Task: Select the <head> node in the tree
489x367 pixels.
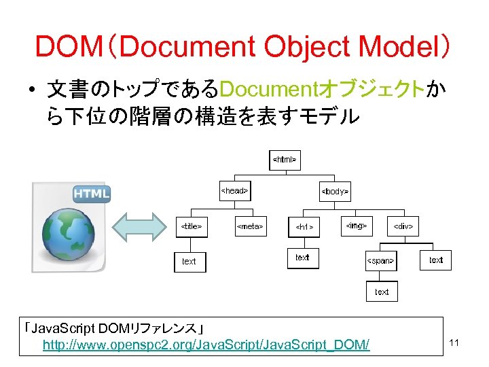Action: click(234, 192)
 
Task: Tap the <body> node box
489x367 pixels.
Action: click(334, 192)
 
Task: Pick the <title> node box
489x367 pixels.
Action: click(190, 226)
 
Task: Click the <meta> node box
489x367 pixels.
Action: click(249, 226)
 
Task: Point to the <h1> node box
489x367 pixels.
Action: click(304, 226)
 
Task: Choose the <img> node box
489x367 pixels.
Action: click(356, 225)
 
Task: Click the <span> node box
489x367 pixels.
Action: click(381, 260)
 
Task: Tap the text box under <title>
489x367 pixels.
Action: click(189, 261)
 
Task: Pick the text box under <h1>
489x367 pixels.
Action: click(302, 258)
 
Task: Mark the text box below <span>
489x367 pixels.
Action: click(382, 292)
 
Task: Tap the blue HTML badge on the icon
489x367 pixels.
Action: click(91, 193)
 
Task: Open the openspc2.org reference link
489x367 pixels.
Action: click(206, 345)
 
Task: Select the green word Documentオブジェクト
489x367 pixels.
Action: click(323, 88)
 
